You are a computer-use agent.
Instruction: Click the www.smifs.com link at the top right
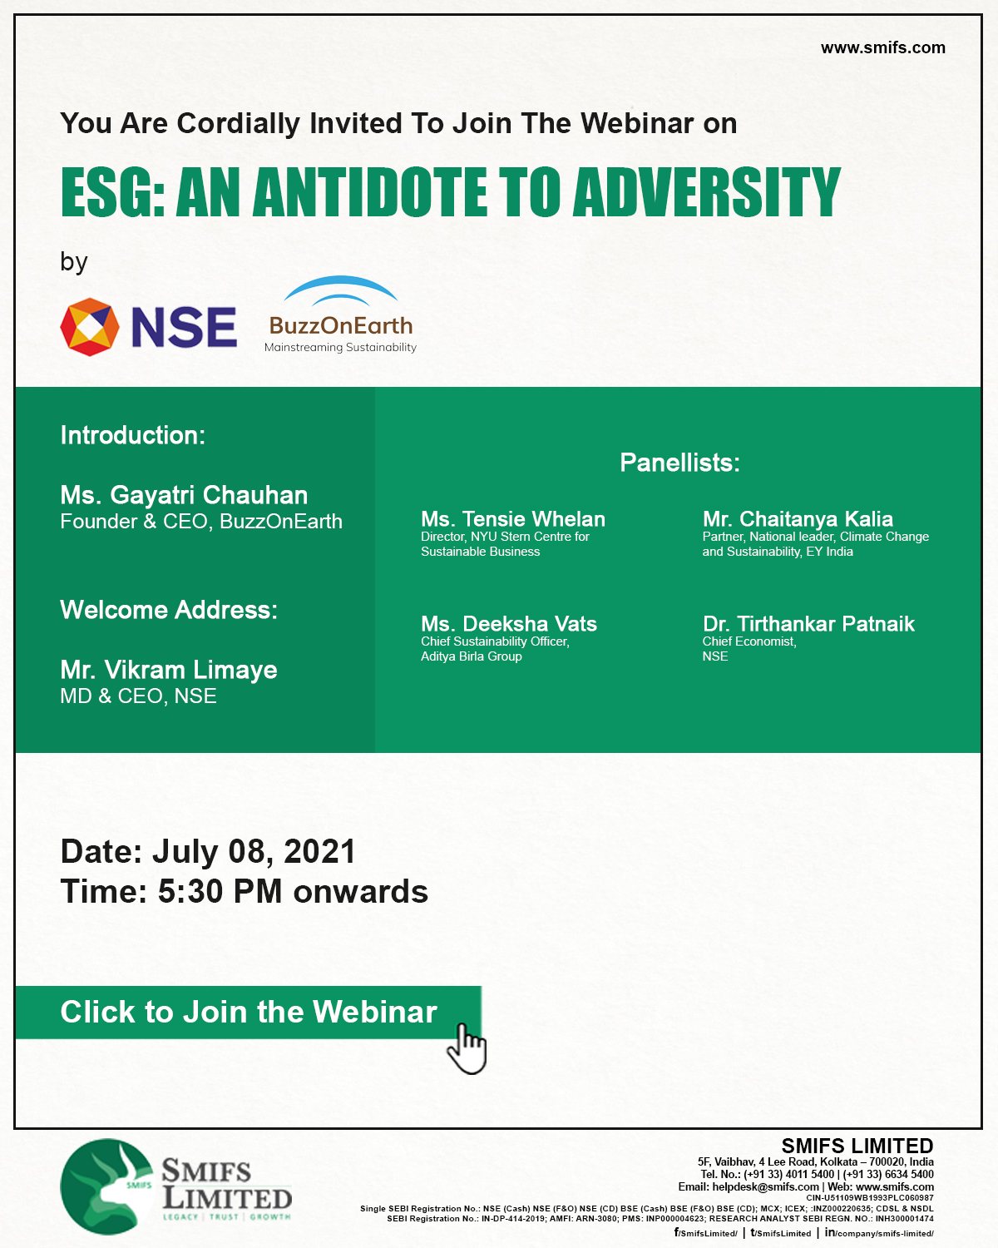pyautogui.click(x=882, y=47)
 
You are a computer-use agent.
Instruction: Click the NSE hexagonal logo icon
pyautogui.click(x=90, y=327)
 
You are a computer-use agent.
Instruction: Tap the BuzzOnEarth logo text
pyautogui.click(x=341, y=326)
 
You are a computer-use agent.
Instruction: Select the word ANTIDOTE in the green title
pyautogui.click(x=370, y=192)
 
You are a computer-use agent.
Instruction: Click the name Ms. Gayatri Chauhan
pyautogui.click(x=184, y=495)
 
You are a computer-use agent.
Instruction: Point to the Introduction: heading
pyautogui.click(x=133, y=435)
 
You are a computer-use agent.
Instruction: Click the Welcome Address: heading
pyautogui.click(x=169, y=610)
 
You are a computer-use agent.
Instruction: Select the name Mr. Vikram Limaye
pyautogui.click(x=169, y=670)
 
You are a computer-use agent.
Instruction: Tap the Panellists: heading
pyautogui.click(x=679, y=463)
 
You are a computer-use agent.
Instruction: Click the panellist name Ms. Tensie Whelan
pyautogui.click(x=513, y=519)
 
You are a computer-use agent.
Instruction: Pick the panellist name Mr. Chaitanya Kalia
pyautogui.click(x=798, y=519)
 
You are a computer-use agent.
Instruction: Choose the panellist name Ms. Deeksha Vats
pyautogui.click(x=509, y=624)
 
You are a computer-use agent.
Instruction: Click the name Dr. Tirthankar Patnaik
pyautogui.click(x=808, y=624)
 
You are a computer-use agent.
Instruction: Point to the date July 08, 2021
pyautogui.click(x=254, y=852)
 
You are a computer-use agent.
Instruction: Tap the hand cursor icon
pyautogui.click(x=467, y=1049)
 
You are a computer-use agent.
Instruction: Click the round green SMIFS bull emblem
pyautogui.click(x=107, y=1186)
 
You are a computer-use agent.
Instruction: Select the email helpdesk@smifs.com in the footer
pyautogui.click(x=765, y=1187)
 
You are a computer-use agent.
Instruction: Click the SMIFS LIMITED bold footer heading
pyautogui.click(x=857, y=1146)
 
